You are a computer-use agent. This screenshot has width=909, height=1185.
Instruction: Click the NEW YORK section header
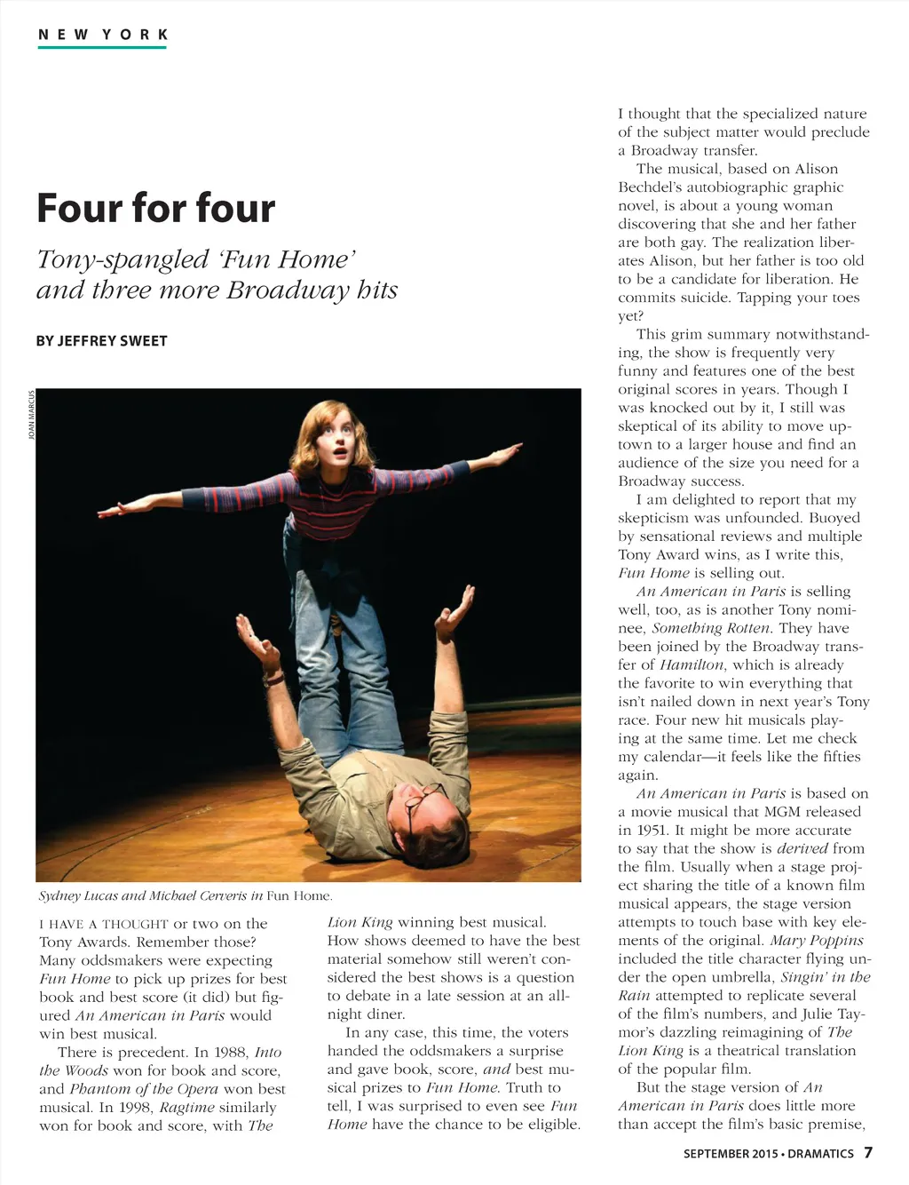[102, 35]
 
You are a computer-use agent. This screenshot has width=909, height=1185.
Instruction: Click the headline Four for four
[156, 208]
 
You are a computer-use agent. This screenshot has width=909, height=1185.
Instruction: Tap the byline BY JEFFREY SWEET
[101, 341]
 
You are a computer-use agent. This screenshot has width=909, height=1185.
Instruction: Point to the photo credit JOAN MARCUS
[32, 416]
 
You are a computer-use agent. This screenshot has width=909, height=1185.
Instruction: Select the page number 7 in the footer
[868, 1153]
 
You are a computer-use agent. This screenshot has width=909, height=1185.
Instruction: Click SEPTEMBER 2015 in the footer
[730, 1154]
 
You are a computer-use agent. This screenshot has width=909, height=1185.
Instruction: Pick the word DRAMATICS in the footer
[820, 1154]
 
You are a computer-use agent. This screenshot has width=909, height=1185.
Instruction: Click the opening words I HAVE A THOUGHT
[104, 924]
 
